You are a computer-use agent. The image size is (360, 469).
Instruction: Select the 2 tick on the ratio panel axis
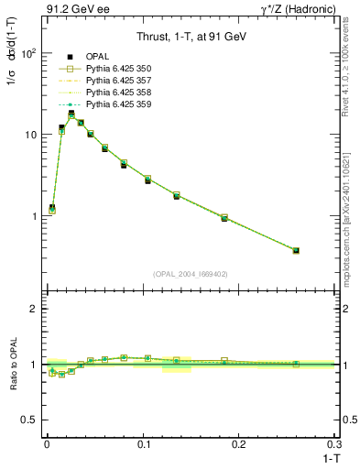[x=34, y=309]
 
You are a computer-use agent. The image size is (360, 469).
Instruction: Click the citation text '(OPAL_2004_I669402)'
[x=190, y=275]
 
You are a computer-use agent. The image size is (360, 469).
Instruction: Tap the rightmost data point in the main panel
[x=296, y=250]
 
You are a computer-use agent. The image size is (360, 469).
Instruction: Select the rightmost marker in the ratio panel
[x=296, y=364]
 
